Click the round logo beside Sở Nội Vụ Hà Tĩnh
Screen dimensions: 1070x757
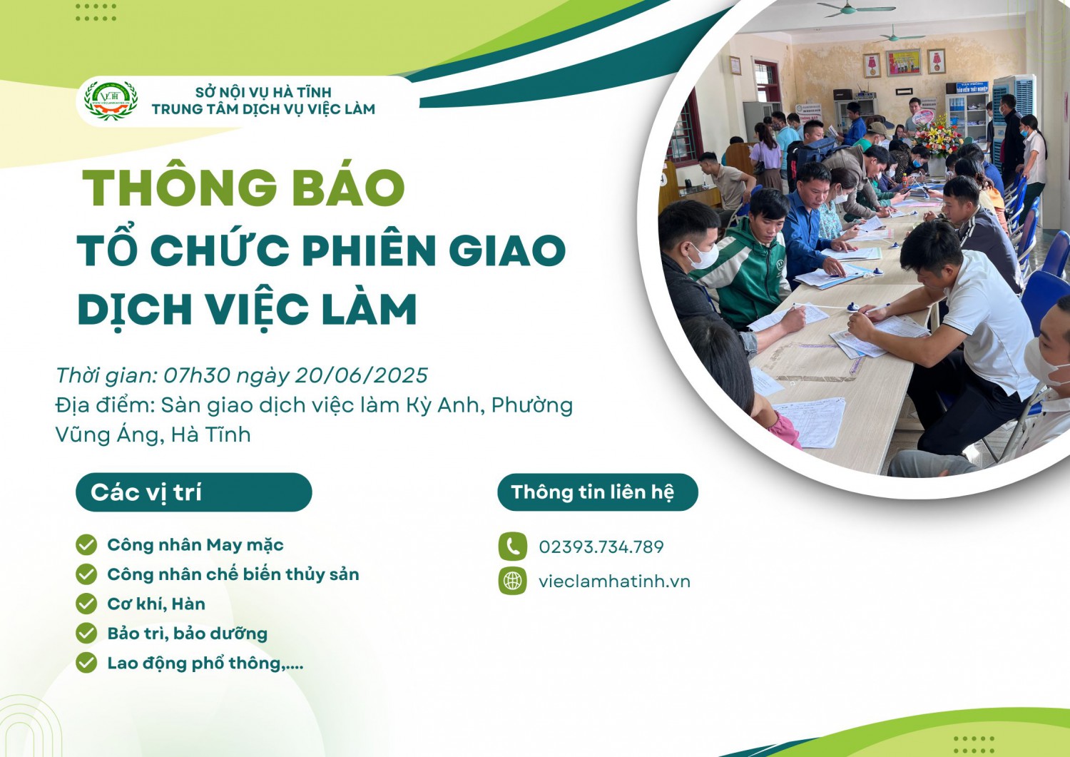point(111,101)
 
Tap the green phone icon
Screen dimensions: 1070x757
point(513,547)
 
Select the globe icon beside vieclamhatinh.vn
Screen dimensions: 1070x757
point(513,581)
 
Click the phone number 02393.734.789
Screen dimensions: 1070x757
point(601,547)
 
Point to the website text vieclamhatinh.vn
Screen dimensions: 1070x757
point(614,581)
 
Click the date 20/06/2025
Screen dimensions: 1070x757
point(361,375)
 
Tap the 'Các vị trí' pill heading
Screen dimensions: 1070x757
point(193,492)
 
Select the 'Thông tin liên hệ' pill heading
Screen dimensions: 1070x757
point(598,492)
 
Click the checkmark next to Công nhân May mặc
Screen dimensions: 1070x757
point(86,545)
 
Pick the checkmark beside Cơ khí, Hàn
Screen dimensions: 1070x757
point(86,604)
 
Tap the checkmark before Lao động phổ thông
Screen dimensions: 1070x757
point(86,664)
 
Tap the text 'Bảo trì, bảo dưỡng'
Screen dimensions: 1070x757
point(187,634)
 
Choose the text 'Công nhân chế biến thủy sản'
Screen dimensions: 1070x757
point(233,574)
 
